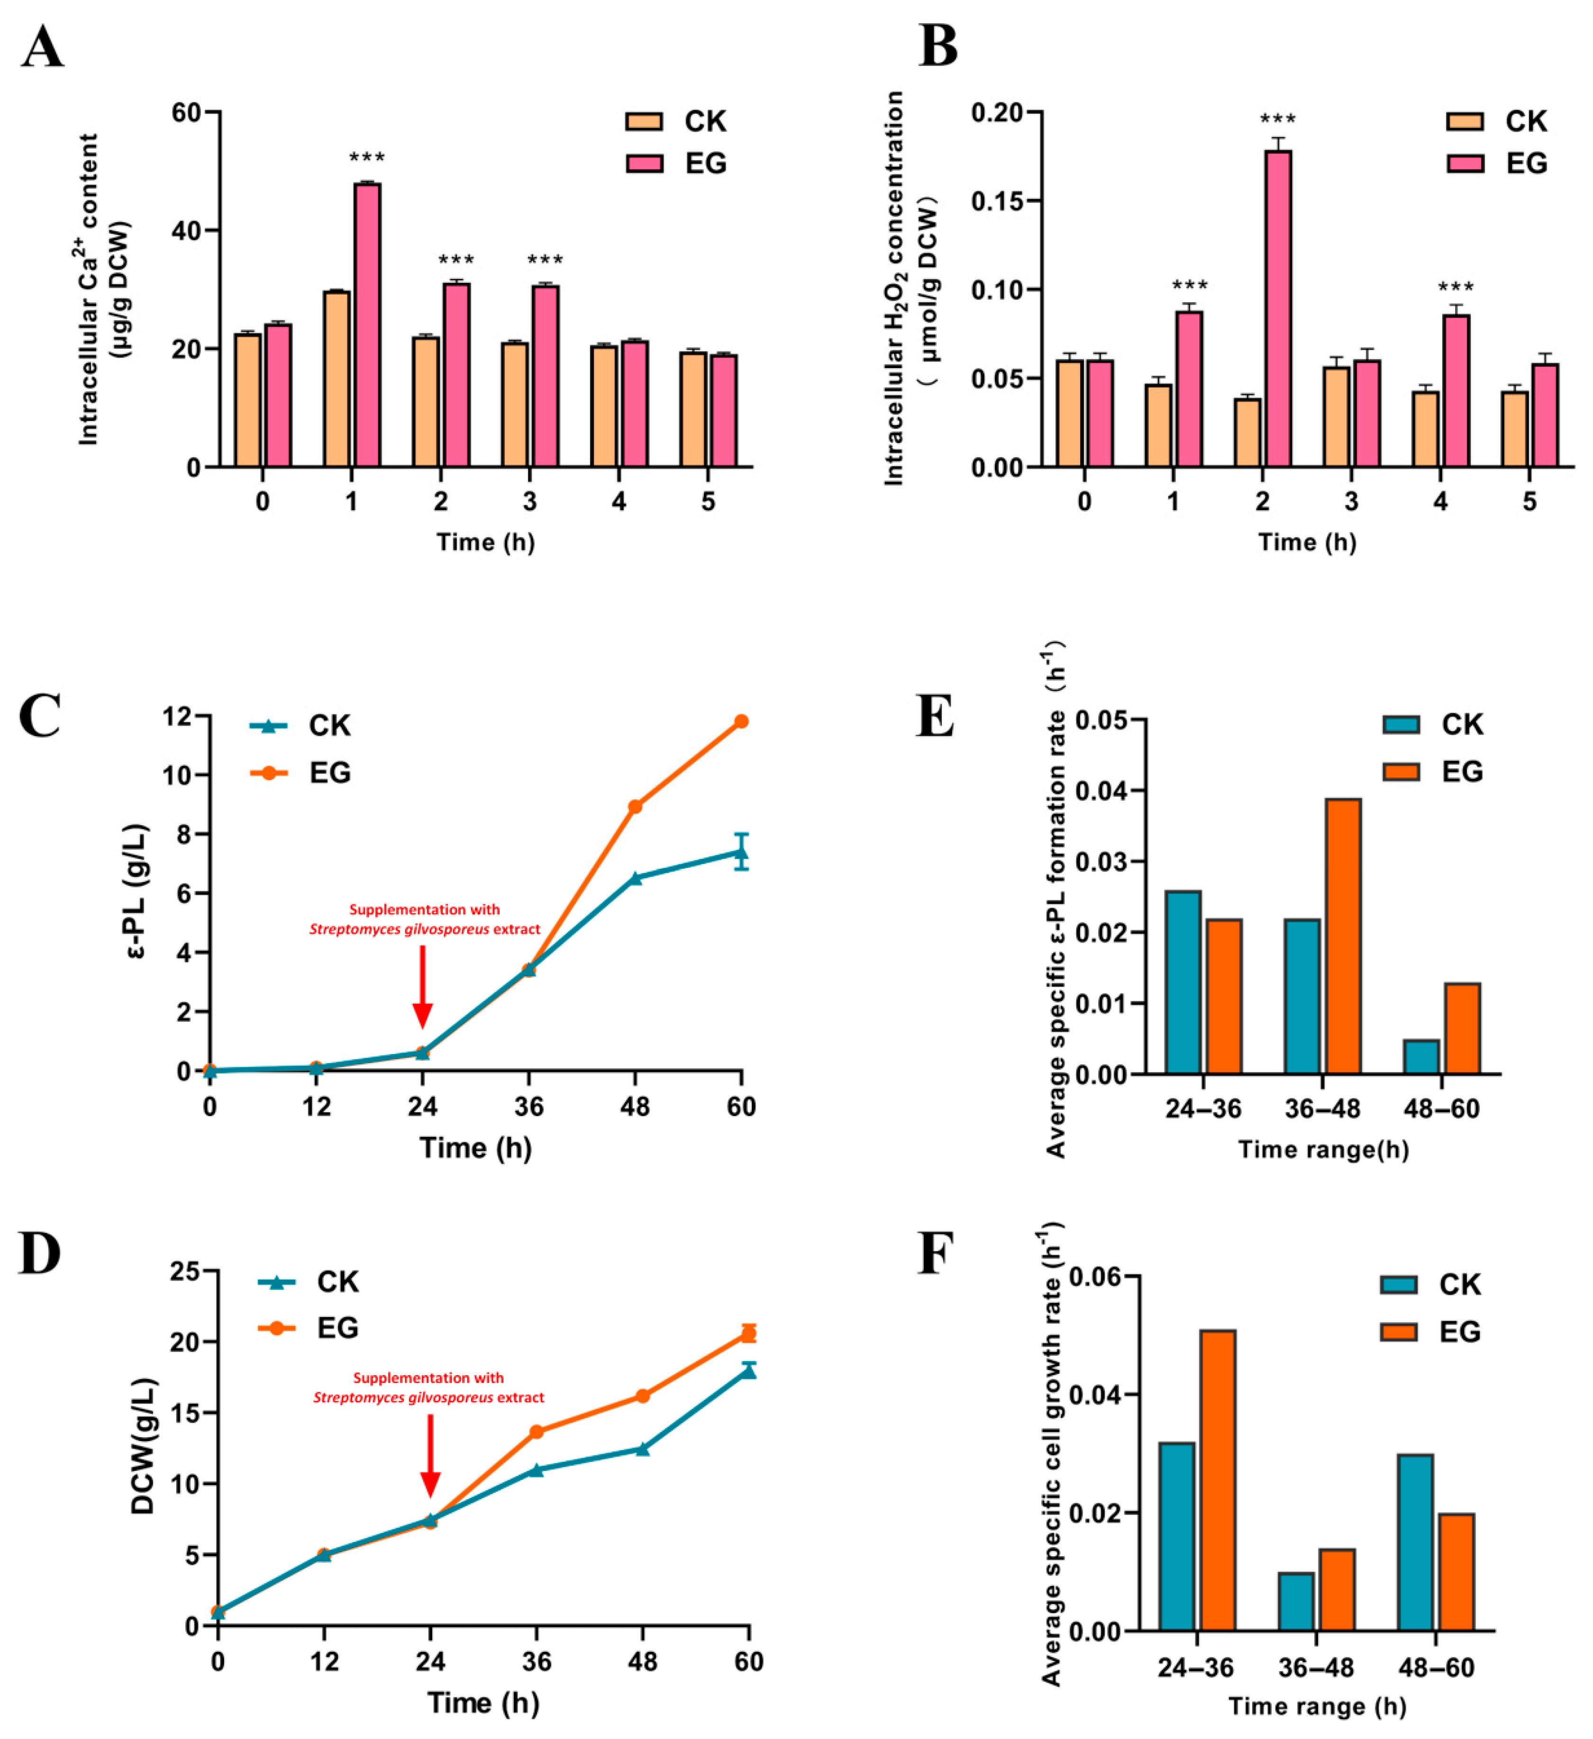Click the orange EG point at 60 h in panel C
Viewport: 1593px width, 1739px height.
coord(740,721)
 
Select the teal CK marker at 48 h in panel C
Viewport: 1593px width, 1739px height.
coord(635,878)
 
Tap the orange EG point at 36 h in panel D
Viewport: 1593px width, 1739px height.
coord(536,1432)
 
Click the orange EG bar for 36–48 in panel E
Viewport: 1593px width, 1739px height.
coord(1343,937)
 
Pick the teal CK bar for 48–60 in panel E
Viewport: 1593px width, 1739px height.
coord(1420,1057)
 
